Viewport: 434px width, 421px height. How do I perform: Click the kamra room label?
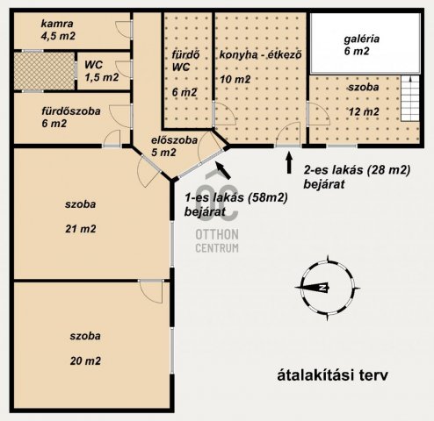click(x=56, y=23)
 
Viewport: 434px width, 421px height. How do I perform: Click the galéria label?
click(x=355, y=38)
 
